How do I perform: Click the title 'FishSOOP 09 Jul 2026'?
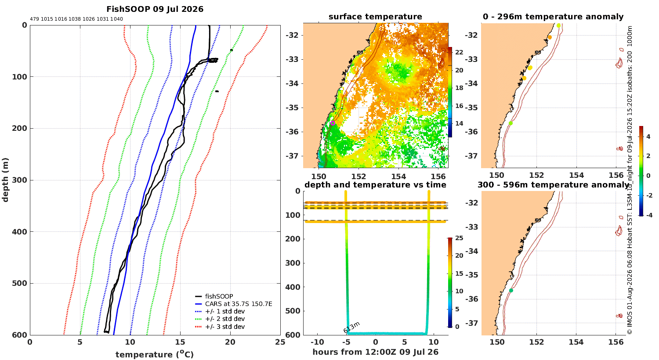(155, 9)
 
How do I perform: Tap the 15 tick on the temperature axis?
(180, 342)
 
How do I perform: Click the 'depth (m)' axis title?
(5, 180)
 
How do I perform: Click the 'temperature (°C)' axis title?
(155, 354)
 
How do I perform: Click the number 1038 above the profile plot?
(75, 19)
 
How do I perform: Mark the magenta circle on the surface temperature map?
(333, 123)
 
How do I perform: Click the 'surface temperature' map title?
(375, 17)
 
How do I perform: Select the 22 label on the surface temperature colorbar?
(459, 52)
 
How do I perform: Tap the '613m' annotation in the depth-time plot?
(351, 327)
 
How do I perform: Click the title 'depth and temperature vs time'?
(375, 185)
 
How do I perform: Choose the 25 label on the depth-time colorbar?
(459, 238)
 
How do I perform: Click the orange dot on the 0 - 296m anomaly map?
(550, 37)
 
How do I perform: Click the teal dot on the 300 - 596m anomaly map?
(511, 290)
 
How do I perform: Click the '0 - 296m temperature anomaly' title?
(553, 17)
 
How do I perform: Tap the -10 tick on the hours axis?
(317, 342)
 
